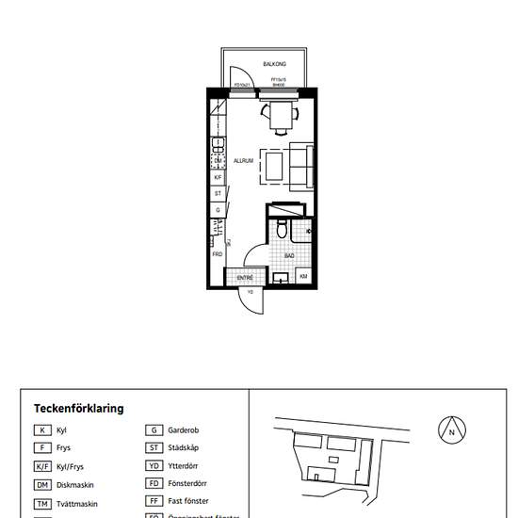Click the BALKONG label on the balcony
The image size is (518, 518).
tap(276, 63)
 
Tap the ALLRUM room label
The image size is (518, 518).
tap(244, 161)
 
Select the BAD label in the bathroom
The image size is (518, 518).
tap(290, 255)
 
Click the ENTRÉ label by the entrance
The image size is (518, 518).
tap(245, 278)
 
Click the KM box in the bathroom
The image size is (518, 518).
tap(304, 276)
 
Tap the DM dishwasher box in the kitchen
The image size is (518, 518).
tap(218, 161)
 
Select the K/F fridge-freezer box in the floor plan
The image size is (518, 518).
tap(218, 177)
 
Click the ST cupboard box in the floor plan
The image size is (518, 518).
tap(218, 193)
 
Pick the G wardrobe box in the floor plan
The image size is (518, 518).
tap(218, 210)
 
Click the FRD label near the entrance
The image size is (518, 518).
tap(217, 254)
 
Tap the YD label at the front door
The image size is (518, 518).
tap(251, 292)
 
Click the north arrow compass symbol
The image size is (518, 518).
tap(452, 429)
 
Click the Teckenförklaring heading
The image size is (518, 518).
tap(78, 409)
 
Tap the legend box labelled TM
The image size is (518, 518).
tap(42, 504)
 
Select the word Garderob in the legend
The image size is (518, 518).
tap(185, 430)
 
